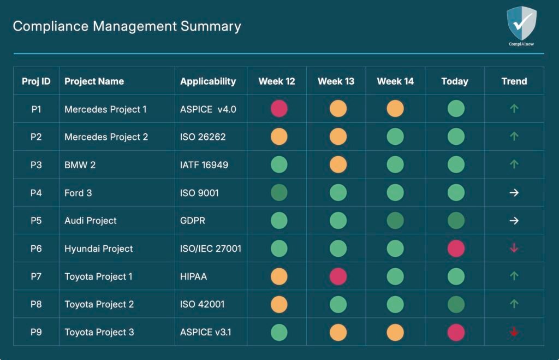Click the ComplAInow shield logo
521,23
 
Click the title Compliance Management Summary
127,26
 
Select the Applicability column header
208,81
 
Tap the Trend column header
514,81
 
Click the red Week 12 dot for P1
279,109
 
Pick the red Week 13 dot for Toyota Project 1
338,276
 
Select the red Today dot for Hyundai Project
456,249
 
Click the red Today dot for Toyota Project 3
456,332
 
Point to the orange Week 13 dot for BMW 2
338,164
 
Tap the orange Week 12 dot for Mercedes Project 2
279,137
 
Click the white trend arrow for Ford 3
514,193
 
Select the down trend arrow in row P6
514,249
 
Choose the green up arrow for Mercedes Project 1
514,109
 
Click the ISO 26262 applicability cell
203,137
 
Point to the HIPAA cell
194,276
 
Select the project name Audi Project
91,221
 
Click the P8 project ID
36,304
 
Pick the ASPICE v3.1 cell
205,332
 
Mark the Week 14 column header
395,81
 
